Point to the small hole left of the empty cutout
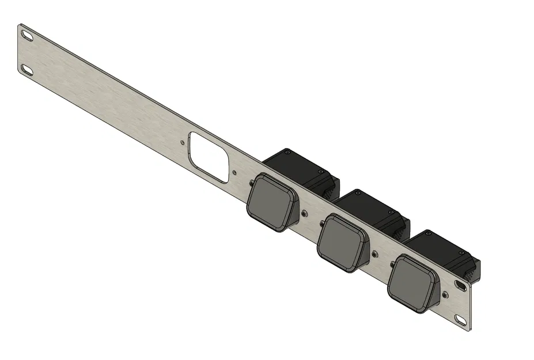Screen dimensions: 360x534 pyautogui.click(x=183, y=141)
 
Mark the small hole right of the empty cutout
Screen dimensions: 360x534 pyautogui.click(x=233, y=172)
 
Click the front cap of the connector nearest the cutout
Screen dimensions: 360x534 pyautogui.click(x=270, y=203)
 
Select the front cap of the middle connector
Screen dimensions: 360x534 pyautogui.click(x=341, y=242)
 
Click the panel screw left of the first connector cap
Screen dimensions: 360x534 pyautogui.click(x=252, y=183)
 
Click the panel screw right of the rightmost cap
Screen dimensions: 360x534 pyautogui.click(x=445, y=294)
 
